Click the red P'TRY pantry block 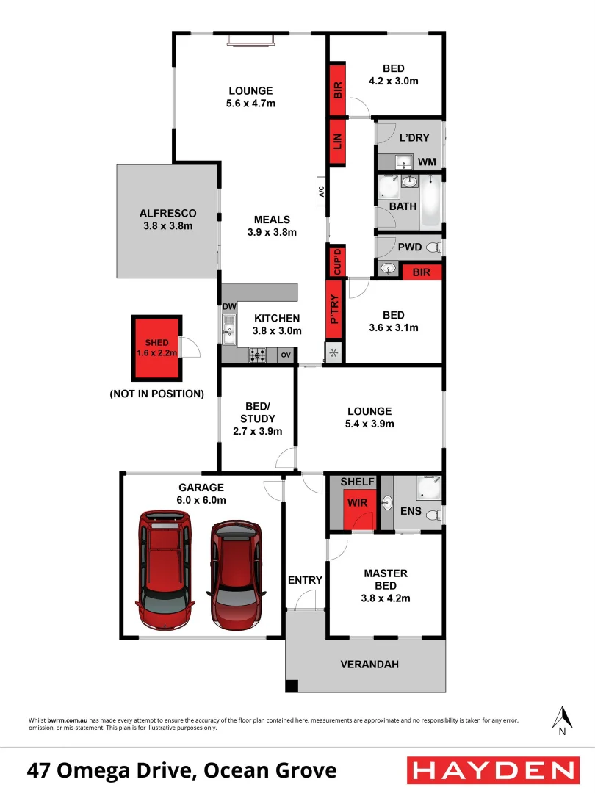click(335, 310)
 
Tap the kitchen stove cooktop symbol click(258, 355)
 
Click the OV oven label click(285, 355)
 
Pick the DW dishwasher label click(228, 306)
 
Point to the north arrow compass click(562, 720)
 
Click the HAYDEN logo click(492, 770)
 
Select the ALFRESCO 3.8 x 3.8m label click(168, 220)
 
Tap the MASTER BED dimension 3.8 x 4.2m click(386, 598)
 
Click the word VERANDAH click(369, 665)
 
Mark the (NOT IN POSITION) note click(156, 394)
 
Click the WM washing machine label click(427, 161)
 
